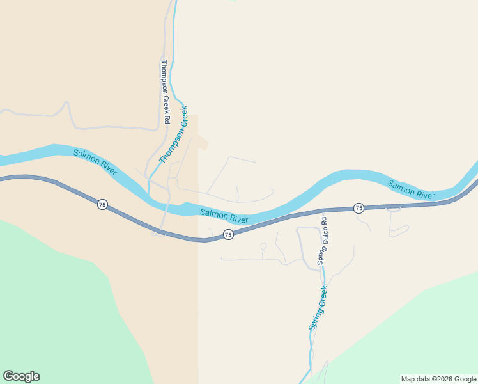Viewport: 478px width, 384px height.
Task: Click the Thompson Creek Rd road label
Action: point(166,92)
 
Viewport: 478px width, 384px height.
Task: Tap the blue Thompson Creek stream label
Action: point(174,135)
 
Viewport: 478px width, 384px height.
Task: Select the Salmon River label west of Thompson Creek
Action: point(95,163)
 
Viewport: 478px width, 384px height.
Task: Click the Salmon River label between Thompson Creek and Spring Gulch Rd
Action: point(224,216)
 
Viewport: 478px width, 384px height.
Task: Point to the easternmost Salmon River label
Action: point(412,190)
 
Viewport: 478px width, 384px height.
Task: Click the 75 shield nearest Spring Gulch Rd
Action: point(359,208)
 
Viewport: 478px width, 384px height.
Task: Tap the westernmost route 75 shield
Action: point(102,205)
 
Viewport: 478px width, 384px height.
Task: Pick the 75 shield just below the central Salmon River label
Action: point(228,235)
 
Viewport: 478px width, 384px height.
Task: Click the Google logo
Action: point(21,376)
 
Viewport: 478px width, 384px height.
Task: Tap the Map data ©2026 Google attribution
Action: point(439,379)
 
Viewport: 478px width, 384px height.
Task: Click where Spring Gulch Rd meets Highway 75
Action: point(323,211)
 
